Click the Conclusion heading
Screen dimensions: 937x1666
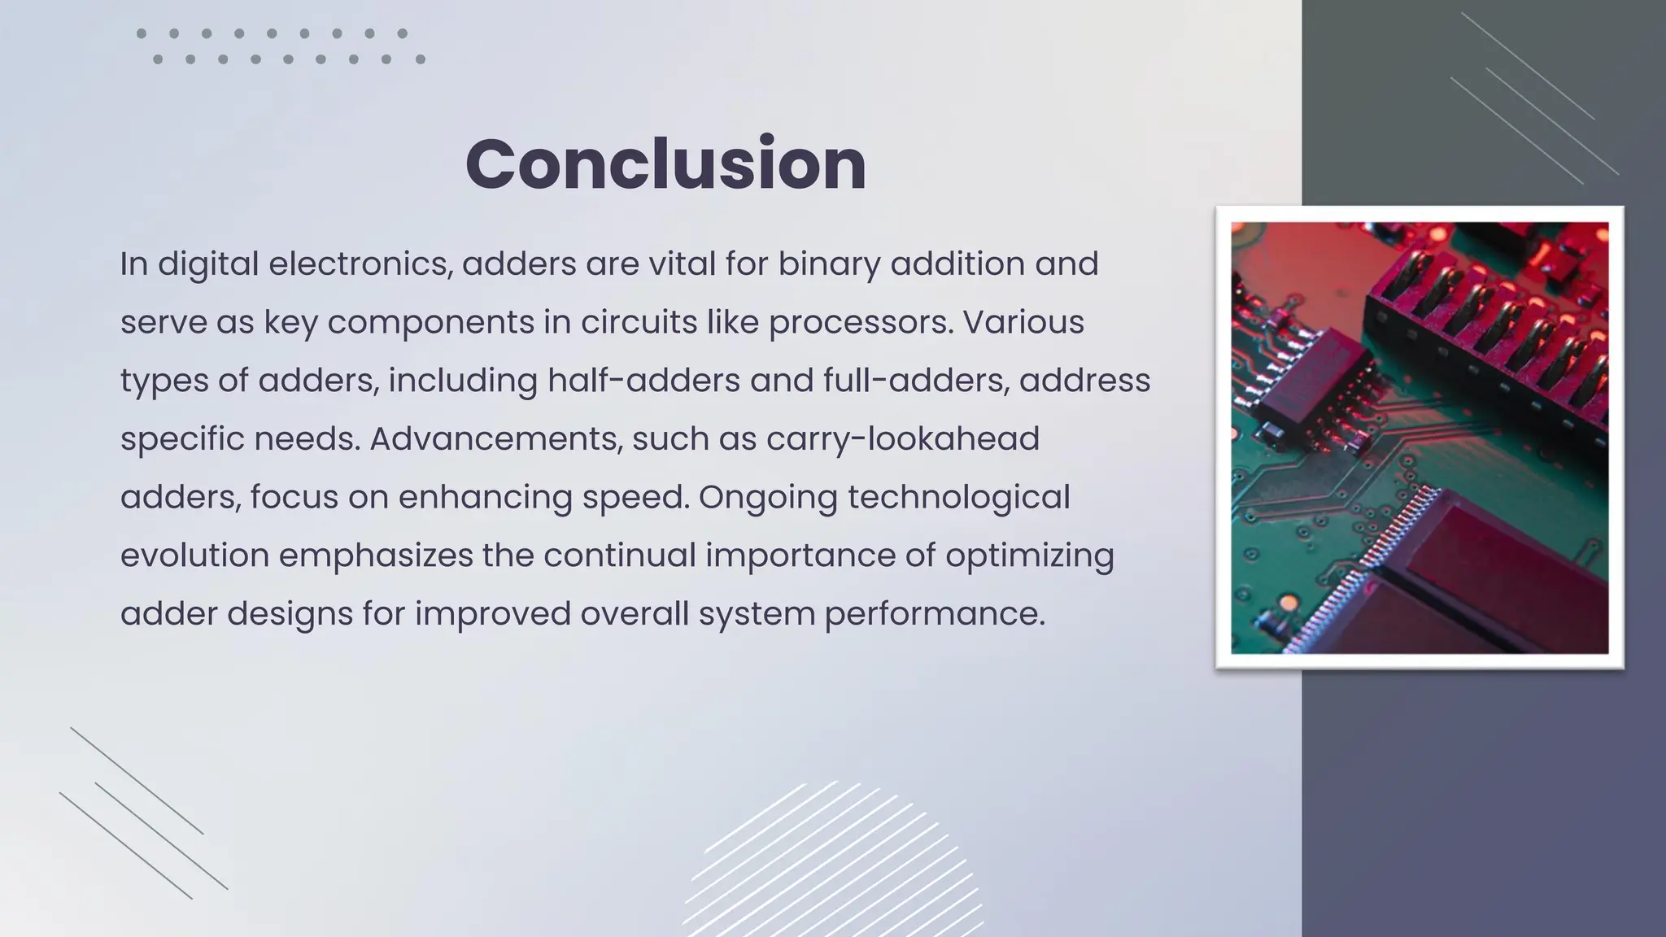665,164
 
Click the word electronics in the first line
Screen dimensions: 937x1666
360,264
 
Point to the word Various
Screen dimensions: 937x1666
1023,322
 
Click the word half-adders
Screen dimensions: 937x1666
643,381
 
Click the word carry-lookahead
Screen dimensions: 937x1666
903,438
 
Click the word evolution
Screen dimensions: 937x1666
194,556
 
